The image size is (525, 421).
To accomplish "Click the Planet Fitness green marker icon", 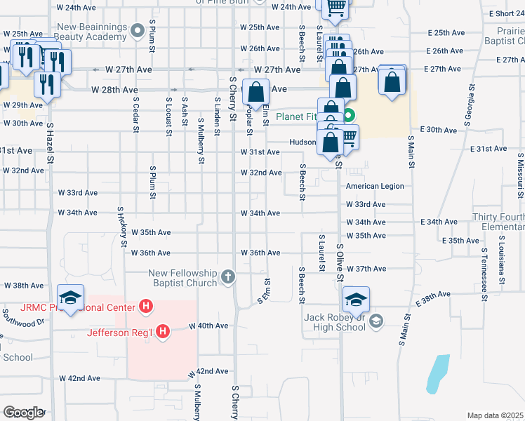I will [348, 116].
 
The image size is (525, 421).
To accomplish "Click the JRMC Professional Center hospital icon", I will [146, 307].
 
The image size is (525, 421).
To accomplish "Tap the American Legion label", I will [375, 186].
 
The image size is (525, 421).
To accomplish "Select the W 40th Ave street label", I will [208, 326].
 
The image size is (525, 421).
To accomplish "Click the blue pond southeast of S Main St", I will [437, 373].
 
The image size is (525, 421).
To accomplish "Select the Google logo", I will [23, 413].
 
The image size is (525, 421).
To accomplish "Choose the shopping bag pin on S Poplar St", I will [256, 93].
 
